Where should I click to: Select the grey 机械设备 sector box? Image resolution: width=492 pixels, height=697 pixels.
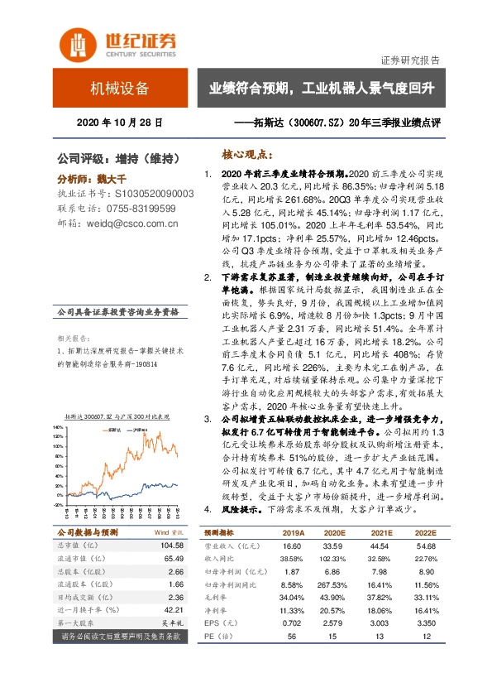(120, 89)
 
